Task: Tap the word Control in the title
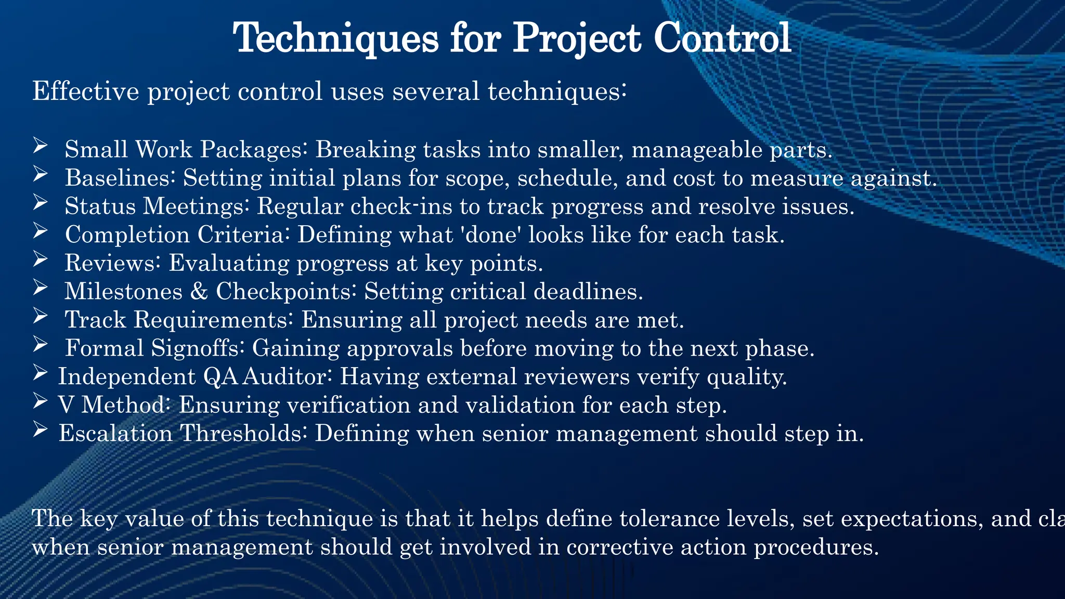722,38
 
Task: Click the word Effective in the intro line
86,92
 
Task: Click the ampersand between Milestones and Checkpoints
199,292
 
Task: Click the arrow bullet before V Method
40,400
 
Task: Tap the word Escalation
115,434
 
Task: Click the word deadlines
588,292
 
